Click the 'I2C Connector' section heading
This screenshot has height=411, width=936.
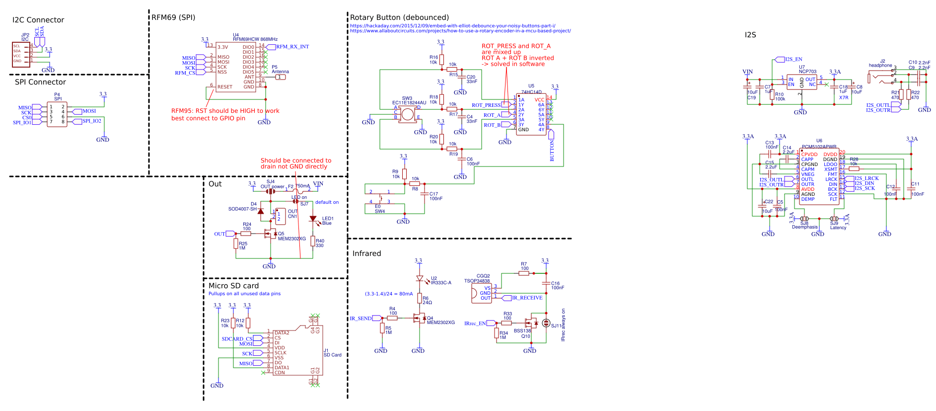point(38,20)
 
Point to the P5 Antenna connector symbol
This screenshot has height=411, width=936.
point(280,77)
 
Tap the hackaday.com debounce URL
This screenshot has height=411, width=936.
point(452,26)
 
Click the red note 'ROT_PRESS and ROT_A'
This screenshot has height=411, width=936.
point(516,46)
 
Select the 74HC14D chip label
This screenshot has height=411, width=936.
point(531,92)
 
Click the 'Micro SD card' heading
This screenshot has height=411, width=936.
point(233,286)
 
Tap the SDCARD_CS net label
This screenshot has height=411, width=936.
point(237,339)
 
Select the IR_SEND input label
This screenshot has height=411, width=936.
point(360,319)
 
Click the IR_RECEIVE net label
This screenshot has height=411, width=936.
point(527,298)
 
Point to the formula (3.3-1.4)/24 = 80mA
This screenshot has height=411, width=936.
point(389,294)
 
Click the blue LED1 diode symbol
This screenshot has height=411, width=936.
point(313,219)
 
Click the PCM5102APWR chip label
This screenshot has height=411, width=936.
point(819,147)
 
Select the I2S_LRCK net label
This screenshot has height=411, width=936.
point(866,178)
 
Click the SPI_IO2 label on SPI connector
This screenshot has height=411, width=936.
point(91,121)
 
